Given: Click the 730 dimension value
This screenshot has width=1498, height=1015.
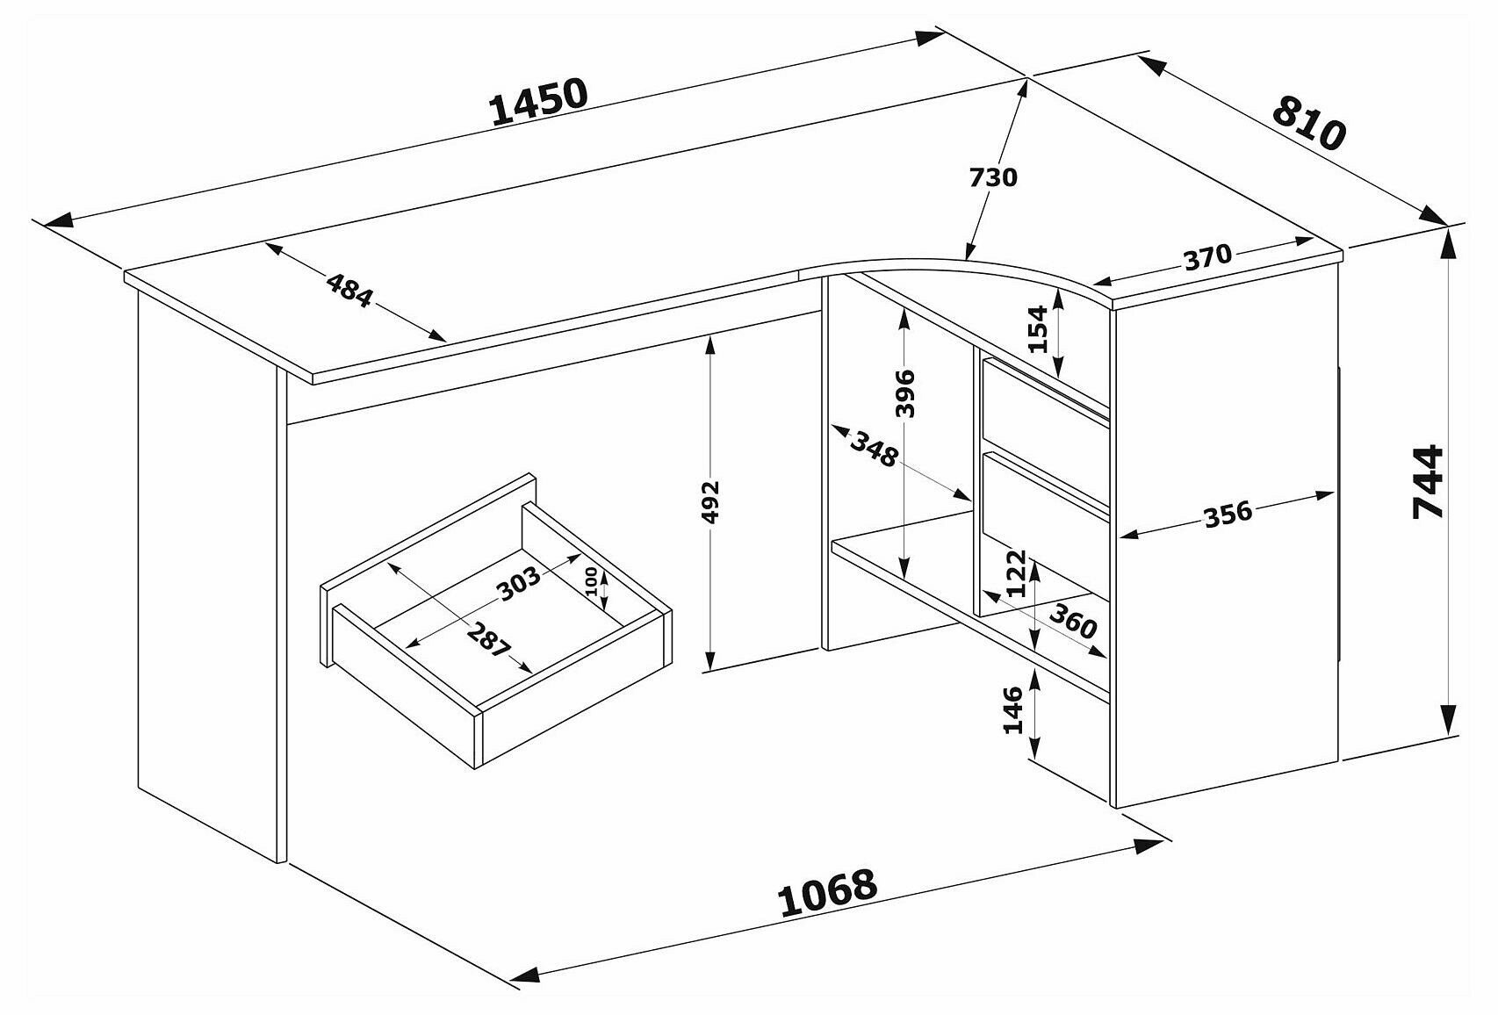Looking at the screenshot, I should (992, 177).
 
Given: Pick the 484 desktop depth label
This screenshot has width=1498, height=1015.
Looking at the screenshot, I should (350, 291).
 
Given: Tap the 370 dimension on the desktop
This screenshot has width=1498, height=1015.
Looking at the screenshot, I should (1207, 258).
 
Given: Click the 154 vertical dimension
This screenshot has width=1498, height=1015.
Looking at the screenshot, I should (1039, 329).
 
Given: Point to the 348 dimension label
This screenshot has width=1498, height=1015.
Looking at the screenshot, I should (874, 450).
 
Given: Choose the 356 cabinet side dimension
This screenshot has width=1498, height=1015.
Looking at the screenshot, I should (1227, 514).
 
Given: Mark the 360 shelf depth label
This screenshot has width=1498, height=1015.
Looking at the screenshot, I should (1073, 622).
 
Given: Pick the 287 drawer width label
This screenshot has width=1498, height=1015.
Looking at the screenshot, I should (488, 640).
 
